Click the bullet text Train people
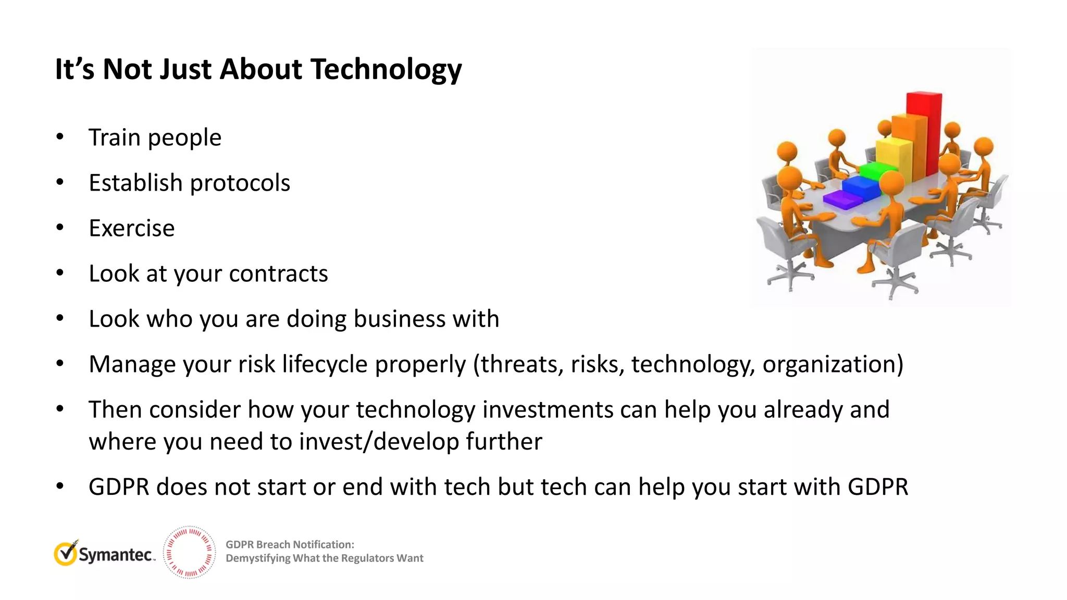(x=155, y=137)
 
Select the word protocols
(x=240, y=183)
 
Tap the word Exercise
(x=131, y=228)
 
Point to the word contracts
(x=278, y=273)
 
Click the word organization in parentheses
(x=833, y=364)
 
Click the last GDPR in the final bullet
(x=878, y=487)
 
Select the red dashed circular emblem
(x=189, y=552)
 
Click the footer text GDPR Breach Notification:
(x=290, y=545)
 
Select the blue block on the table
(x=861, y=186)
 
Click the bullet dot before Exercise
(x=60, y=228)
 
